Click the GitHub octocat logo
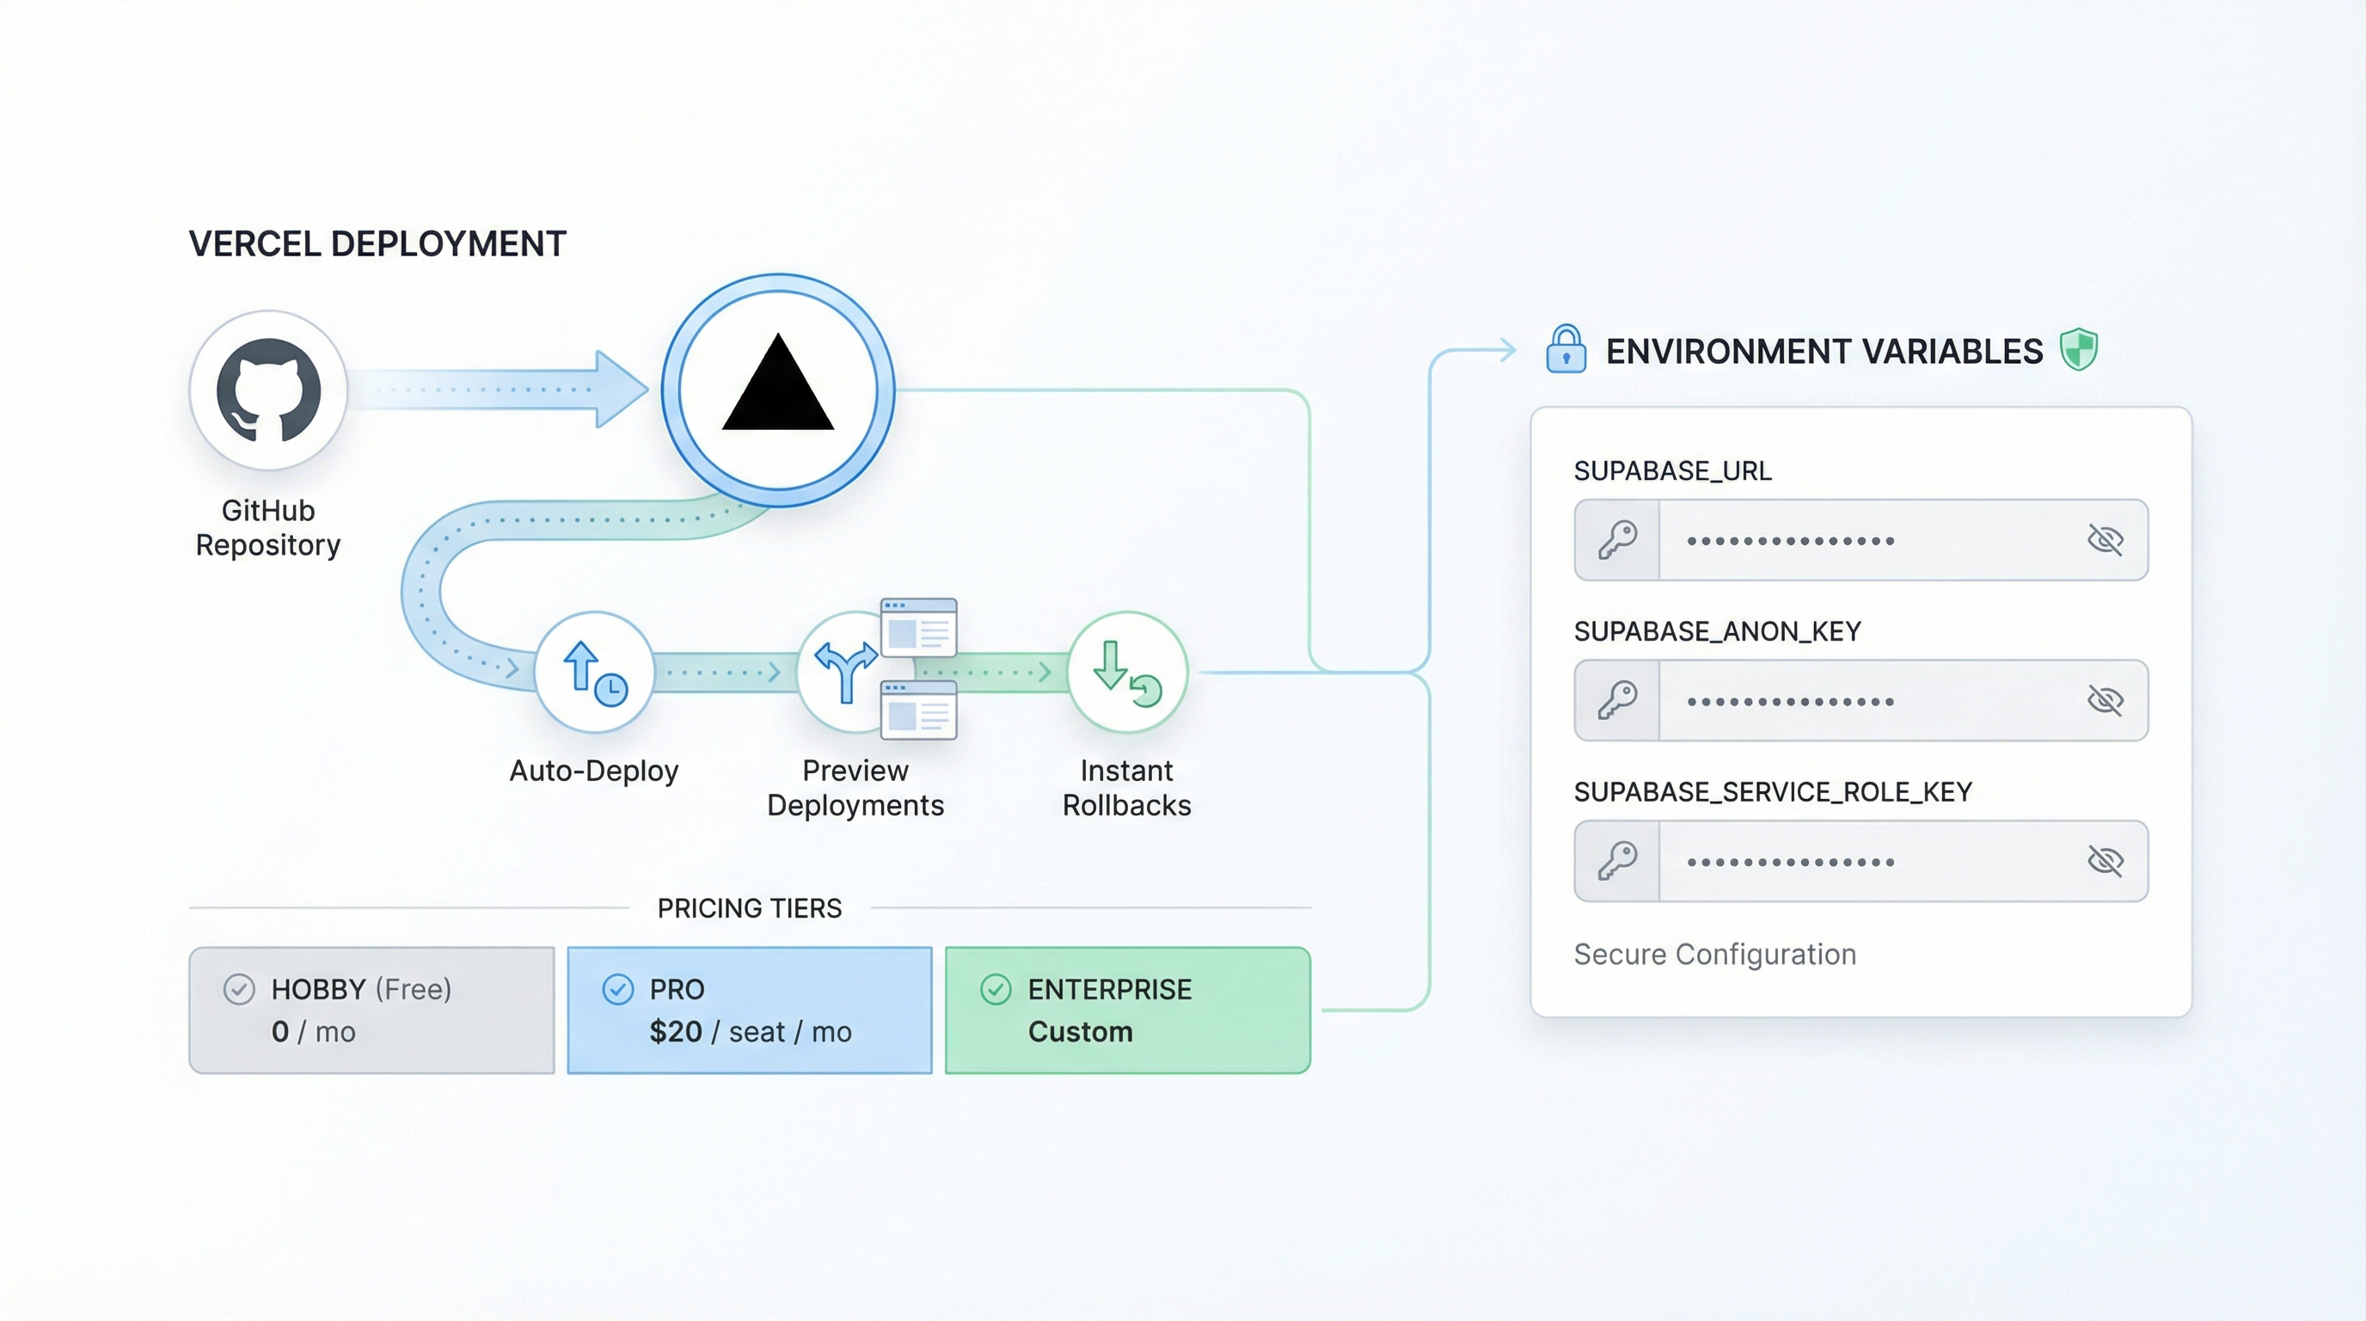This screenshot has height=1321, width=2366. pos(268,390)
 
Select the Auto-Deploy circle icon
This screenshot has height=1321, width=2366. pos(594,672)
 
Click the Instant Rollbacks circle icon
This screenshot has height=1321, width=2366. pos(1127,672)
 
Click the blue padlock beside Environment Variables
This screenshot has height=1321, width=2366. pos(1566,349)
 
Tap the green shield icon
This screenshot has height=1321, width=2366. pos(2079,349)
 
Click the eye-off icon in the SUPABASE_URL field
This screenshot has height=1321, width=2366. pos(2105,540)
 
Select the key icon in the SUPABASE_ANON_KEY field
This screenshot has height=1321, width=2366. pos(1617,700)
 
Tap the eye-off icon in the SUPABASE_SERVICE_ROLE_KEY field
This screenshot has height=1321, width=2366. pos(2105,861)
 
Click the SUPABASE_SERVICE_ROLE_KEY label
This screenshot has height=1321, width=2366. pos(1773,792)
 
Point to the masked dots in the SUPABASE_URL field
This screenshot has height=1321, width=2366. pos(1790,541)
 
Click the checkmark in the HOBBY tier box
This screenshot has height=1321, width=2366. pos(239,989)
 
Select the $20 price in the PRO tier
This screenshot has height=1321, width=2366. pos(675,1032)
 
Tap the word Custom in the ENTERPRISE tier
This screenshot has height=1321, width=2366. pos(1080,1032)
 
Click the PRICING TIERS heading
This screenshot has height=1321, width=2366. pos(750,908)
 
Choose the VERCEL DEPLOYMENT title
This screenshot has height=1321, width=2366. pos(377,244)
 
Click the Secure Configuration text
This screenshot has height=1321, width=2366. pos(1715,955)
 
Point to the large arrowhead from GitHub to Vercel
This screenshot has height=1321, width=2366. pos(620,390)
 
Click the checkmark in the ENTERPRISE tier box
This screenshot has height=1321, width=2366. pos(996,989)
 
